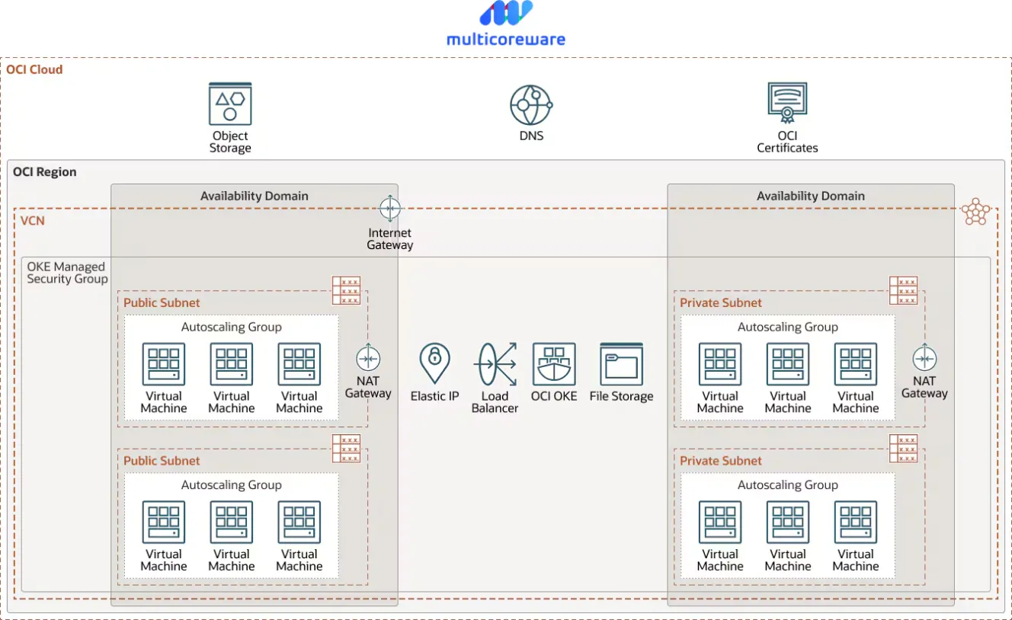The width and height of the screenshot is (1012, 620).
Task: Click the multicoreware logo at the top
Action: (506, 23)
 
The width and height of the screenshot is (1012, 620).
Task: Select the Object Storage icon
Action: (230, 104)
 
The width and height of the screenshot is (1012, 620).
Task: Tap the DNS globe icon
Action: (531, 105)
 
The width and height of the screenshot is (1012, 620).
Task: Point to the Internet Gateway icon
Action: (390, 208)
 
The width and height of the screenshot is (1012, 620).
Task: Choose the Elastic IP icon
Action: (434, 363)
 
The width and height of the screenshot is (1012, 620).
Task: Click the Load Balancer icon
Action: (495, 363)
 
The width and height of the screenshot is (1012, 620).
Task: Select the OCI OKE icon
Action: (554, 363)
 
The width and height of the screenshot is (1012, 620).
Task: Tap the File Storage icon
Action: (622, 363)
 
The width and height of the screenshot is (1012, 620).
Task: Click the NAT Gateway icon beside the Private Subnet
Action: (924, 358)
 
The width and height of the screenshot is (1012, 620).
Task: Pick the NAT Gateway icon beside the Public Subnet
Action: (368, 358)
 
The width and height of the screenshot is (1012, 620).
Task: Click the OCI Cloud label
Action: (35, 69)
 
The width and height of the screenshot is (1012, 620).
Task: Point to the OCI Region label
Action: (45, 172)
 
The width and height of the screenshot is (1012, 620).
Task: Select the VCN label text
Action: (33, 221)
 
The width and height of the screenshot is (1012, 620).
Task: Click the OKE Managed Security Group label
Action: (66, 273)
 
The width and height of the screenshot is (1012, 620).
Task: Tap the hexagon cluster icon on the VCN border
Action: (976, 211)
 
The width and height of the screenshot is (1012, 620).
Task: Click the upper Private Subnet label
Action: (721, 302)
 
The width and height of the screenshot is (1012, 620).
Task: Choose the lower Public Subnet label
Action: (162, 461)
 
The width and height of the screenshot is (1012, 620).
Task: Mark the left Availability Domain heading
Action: (255, 196)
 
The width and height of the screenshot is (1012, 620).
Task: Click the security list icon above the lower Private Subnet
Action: (903, 449)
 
